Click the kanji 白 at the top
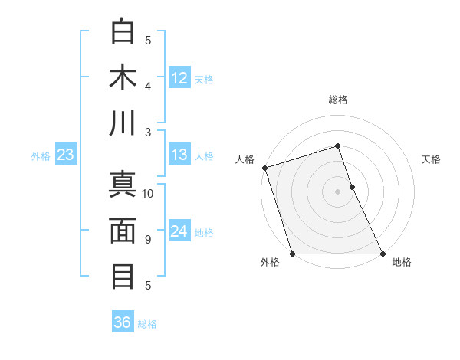(x=123, y=31)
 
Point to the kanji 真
(x=123, y=185)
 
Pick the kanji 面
(x=123, y=231)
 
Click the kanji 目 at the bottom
(x=123, y=277)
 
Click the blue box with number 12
(x=179, y=77)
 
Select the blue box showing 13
(x=179, y=155)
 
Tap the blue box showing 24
(x=179, y=231)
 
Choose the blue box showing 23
(x=65, y=155)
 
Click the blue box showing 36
(x=123, y=322)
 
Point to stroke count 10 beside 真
(x=148, y=194)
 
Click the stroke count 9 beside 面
(x=148, y=240)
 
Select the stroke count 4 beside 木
(x=148, y=86)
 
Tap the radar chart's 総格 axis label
(x=337, y=100)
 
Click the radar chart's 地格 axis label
(x=402, y=263)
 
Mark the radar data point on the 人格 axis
(x=264, y=168)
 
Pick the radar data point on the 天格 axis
(x=352, y=187)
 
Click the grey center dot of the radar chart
(x=337, y=191)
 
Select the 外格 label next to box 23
(x=41, y=155)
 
